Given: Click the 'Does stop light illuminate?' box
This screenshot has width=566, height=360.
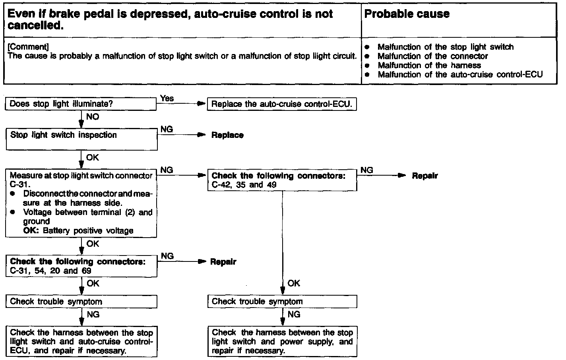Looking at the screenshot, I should coord(81,105).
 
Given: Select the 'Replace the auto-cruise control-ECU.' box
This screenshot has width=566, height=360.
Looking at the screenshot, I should coord(282,105).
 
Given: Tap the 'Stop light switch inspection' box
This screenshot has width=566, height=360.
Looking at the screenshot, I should coord(81,139).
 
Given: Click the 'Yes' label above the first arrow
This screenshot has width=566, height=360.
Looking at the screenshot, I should coord(167,98).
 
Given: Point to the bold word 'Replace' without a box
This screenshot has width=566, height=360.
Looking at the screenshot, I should coord(227,135).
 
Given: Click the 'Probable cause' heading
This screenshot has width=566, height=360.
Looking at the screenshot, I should coord(407,14).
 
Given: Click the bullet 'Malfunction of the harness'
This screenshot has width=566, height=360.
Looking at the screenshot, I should coord(429,66).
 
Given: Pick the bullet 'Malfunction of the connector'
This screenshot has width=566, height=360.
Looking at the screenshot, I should coord(432,56).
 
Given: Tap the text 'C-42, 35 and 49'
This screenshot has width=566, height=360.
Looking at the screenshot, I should coord(244,185).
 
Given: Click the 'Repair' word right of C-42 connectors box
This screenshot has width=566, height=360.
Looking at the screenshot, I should coord(425,176).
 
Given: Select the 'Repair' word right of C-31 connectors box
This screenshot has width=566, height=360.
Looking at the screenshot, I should coord(223,262).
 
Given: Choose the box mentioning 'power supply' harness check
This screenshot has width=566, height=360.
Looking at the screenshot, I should coord(282,342).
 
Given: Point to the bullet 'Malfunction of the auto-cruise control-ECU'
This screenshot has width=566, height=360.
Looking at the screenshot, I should coord(460,75).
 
